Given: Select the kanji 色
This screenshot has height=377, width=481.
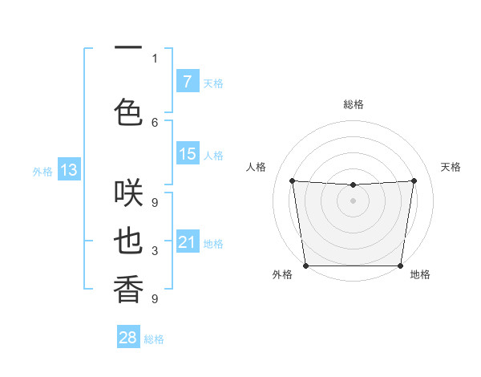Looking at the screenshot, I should (128, 111).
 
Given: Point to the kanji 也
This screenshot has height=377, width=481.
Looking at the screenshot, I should (128, 241).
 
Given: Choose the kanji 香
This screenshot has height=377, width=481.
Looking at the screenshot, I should (128, 290).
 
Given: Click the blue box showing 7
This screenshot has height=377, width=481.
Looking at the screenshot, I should (187, 82).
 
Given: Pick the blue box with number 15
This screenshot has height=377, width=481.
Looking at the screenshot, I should (187, 154).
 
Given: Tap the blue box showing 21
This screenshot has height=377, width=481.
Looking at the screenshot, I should (187, 242).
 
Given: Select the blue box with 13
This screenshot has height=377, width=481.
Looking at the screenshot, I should (68, 170).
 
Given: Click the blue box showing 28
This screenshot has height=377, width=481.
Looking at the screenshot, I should (128, 338).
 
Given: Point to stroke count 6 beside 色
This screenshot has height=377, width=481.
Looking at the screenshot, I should (155, 122).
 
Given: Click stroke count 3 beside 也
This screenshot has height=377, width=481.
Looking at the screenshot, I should (155, 251).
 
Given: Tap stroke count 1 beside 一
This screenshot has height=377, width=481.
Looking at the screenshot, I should (155, 58).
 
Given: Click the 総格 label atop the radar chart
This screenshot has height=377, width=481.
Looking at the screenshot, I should (354, 104).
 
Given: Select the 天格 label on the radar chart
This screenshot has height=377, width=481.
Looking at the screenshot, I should (451, 167).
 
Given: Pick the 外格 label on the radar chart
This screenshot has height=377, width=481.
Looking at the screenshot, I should (282, 274).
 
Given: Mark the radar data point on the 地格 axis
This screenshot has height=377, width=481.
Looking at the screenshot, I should (401, 266).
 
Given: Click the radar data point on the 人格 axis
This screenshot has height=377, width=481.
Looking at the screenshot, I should (292, 180).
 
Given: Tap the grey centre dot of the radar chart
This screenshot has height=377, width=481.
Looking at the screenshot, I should (354, 201).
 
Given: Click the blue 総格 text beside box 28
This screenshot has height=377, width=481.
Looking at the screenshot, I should (154, 339).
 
